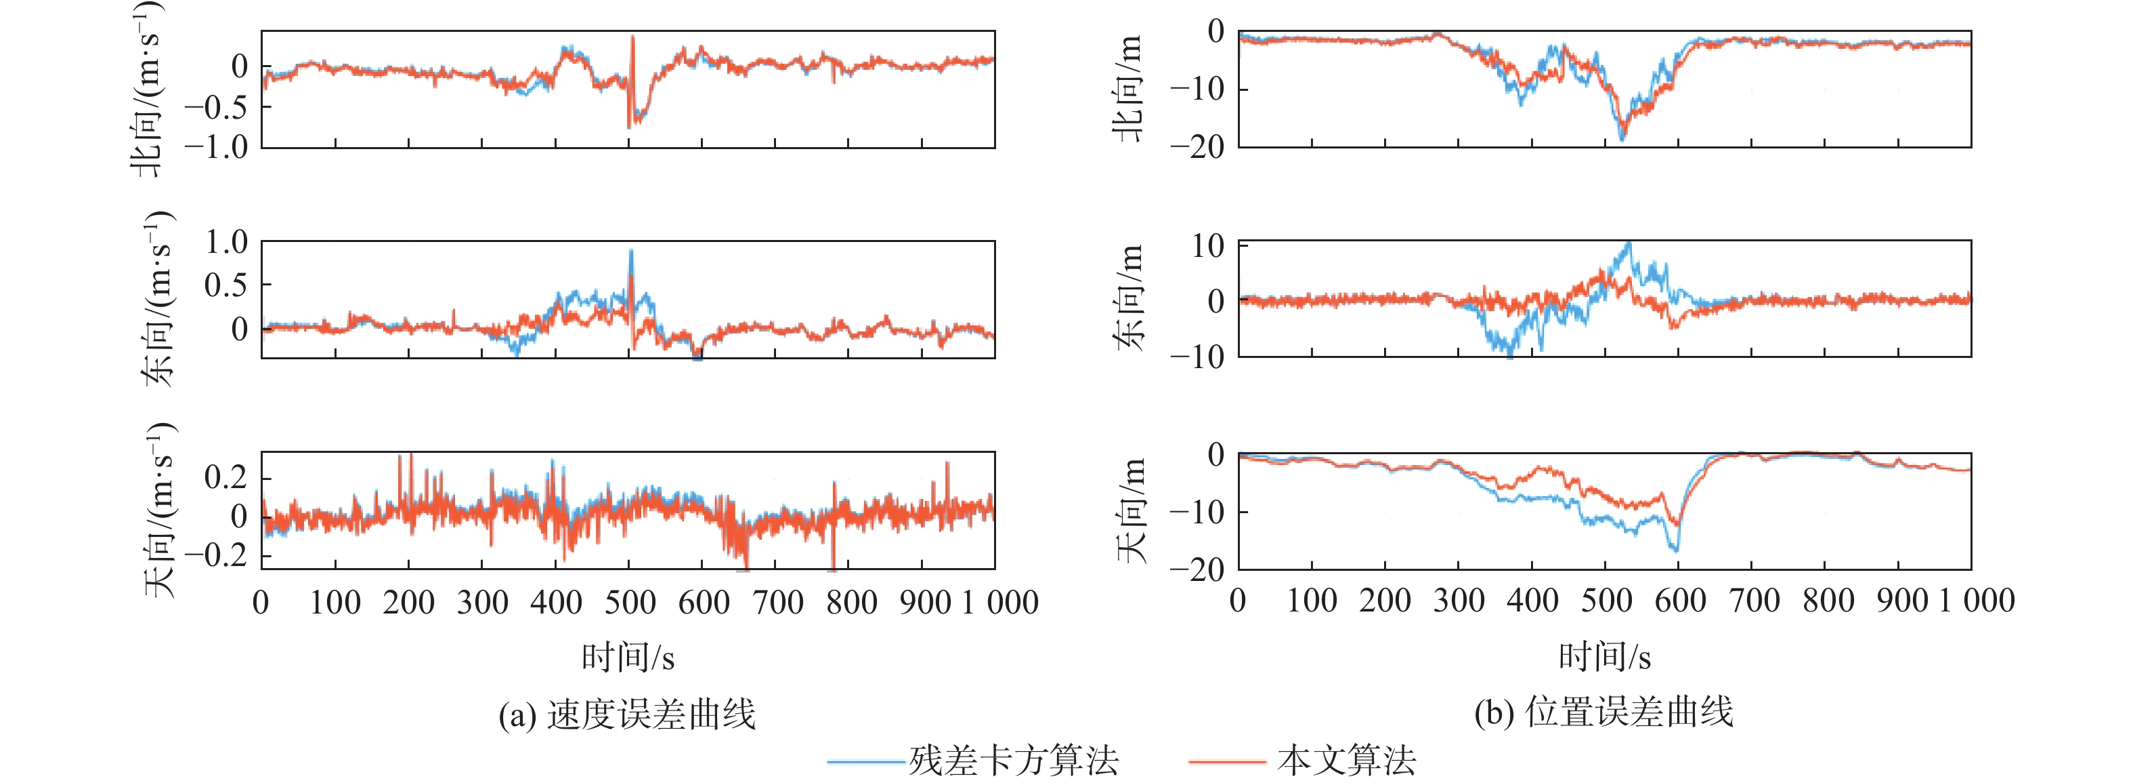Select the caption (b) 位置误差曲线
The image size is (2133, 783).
tap(1604, 712)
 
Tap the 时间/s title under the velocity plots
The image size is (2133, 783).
tap(628, 657)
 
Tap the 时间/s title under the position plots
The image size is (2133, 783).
tap(1605, 657)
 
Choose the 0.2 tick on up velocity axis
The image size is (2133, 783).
tap(226, 477)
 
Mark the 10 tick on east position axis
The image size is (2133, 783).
tap(1208, 245)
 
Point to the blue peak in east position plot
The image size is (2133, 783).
tap(1629, 243)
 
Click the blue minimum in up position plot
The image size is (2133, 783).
tap(1677, 549)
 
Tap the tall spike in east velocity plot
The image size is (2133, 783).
tap(631, 251)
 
